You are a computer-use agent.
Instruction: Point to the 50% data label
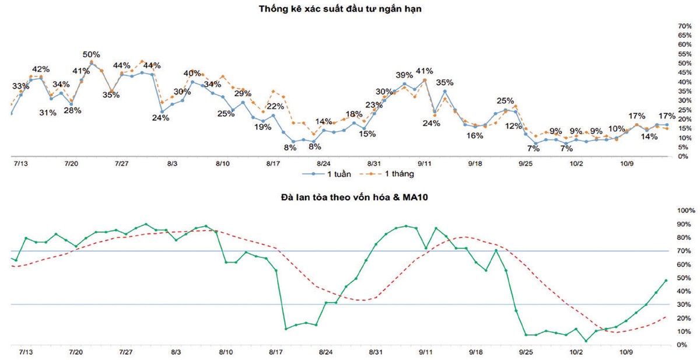(91, 55)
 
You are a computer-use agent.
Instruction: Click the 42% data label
(40, 69)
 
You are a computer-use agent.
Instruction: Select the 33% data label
(20, 86)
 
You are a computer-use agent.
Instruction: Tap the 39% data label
(404, 75)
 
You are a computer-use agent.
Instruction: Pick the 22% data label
(275, 106)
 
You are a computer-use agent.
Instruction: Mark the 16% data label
(474, 135)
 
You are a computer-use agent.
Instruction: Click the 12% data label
(513, 126)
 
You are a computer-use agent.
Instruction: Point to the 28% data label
(72, 110)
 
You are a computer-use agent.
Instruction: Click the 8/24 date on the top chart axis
(324, 164)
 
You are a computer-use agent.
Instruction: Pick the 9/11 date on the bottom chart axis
(426, 352)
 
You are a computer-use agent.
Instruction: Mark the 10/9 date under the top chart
(626, 164)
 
